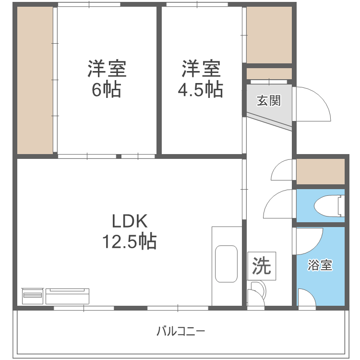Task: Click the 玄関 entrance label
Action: point(268,101)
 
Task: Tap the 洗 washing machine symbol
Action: point(262,266)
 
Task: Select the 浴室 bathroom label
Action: point(320,265)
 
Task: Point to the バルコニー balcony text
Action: point(181,331)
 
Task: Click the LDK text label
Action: point(129,221)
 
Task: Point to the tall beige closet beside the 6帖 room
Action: point(35,80)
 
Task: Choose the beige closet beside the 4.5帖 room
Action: point(269,35)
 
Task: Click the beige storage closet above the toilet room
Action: point(321,171)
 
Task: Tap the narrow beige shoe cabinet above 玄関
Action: point(269,73)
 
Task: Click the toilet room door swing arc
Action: point(278,204)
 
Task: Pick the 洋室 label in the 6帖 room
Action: point(107,69)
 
